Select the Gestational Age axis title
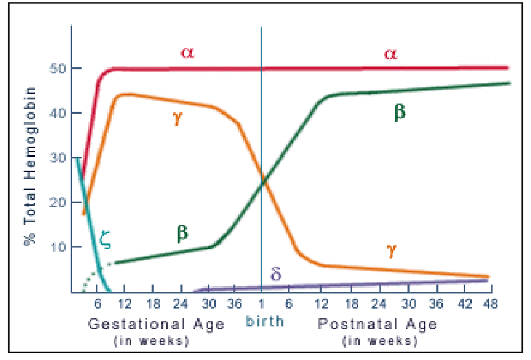[x=156, y=324]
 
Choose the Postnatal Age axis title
[x=377, y=324]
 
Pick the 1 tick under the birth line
[x=261, y=305]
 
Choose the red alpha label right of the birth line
[x=390, y=53]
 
